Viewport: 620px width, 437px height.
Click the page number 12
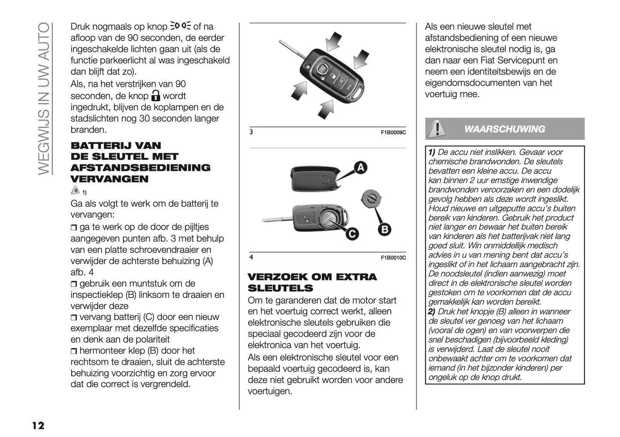pyautogui.click(x=37, y=425)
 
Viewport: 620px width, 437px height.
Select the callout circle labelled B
pyautogui.click(x=384, y=230)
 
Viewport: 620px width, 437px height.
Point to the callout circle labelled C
pyautogui.click(x=351, y=234)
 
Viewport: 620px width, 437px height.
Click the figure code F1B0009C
pyautogui.click(x=393, y=133)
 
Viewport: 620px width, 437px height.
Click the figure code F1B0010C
pyautogui.click(x=393, y=258)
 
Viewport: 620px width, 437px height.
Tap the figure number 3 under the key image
pyautogui.click(x=251, y=132)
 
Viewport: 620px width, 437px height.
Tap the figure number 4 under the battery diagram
pyautogui.click(x=251, y=257)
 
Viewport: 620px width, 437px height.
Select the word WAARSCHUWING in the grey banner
pyautogui.click(x=505, y=129)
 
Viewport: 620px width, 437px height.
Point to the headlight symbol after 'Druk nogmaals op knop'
pyautogui.click(x=181, y=26)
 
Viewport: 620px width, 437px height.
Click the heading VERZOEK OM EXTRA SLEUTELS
pyautogui.click(x=312, y=282)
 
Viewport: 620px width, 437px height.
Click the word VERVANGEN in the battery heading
pyautogui.click(x=109, y=179)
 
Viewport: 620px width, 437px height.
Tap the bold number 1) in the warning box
pyautogui.click(x=432, y=152)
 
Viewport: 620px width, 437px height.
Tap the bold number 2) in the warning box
pyautogui.click(x=432, y=312)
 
